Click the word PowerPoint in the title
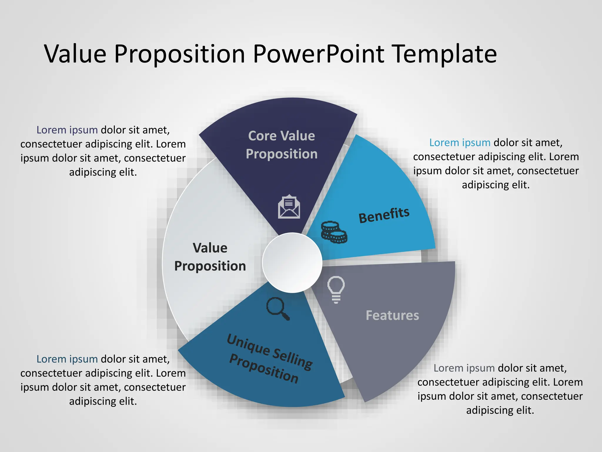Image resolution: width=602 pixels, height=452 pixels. [318, 54]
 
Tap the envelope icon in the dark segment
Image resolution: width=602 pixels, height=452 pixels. [289, 207]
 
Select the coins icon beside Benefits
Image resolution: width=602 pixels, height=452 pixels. [334, 232]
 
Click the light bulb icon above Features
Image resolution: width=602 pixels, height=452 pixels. [336, 289]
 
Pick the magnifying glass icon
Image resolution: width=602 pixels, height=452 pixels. [277, 308]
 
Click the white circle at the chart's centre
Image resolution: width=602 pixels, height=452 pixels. [292, 262]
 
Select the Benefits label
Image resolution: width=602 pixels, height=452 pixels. [384, 215]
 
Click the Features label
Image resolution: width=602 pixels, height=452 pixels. [392, 315]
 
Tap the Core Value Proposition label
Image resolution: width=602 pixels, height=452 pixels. [282, 145]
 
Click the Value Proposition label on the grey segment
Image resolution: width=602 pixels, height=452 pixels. [210, 257]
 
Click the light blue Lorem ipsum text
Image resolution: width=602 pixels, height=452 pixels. [459, 143]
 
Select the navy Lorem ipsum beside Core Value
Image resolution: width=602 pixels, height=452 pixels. [67, 130]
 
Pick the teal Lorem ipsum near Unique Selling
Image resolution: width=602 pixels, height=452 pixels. [67, 359]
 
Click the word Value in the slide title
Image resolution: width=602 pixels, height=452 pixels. [75, 54]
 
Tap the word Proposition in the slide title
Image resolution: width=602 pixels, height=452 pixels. [179, 54]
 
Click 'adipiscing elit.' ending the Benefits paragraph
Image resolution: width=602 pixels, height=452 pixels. [496, 185]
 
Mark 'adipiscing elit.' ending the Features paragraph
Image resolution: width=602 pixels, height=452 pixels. [500, 410]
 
